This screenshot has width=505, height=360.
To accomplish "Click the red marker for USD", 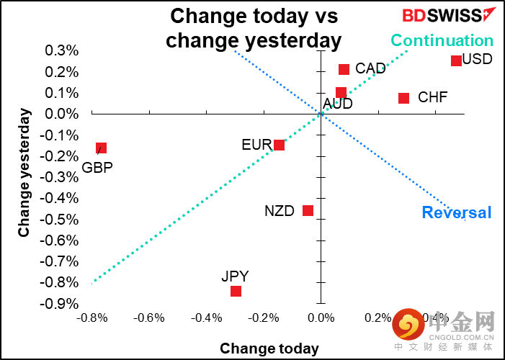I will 456,60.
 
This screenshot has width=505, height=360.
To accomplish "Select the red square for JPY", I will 236,291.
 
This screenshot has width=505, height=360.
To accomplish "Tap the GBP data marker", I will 102,148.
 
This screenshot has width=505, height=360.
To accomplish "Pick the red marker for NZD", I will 308,210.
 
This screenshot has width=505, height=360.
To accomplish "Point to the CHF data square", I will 403,98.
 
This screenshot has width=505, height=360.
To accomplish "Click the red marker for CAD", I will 344,69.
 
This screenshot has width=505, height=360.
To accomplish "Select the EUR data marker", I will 279,145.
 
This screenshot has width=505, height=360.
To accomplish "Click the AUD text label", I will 338,104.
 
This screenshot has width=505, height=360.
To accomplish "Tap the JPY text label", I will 235,276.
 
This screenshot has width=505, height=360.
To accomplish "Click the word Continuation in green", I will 442,41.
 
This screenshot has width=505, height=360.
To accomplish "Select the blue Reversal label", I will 457,212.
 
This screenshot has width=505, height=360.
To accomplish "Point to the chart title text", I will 254,27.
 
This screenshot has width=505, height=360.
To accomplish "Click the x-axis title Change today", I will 269,349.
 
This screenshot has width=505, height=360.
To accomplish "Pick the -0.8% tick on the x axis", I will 91,318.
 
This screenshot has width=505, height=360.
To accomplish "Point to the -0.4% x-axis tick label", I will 207,318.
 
